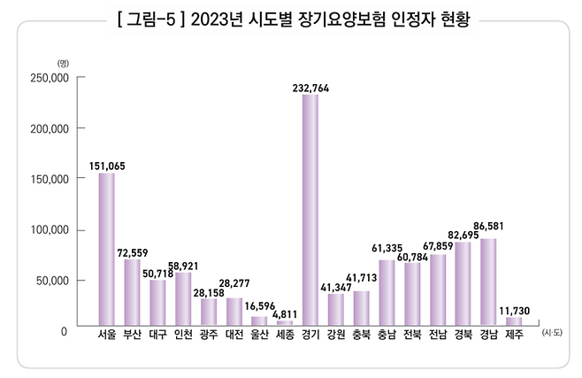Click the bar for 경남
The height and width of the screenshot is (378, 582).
click(488, 282)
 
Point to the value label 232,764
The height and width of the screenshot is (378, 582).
click(310, 87)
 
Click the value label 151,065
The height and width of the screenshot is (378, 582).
click(106, 166)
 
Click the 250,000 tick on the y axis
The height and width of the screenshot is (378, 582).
click(50, 78)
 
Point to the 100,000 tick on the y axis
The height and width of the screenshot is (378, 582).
click(50, 230)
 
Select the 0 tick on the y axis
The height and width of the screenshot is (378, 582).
click(65, 331)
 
